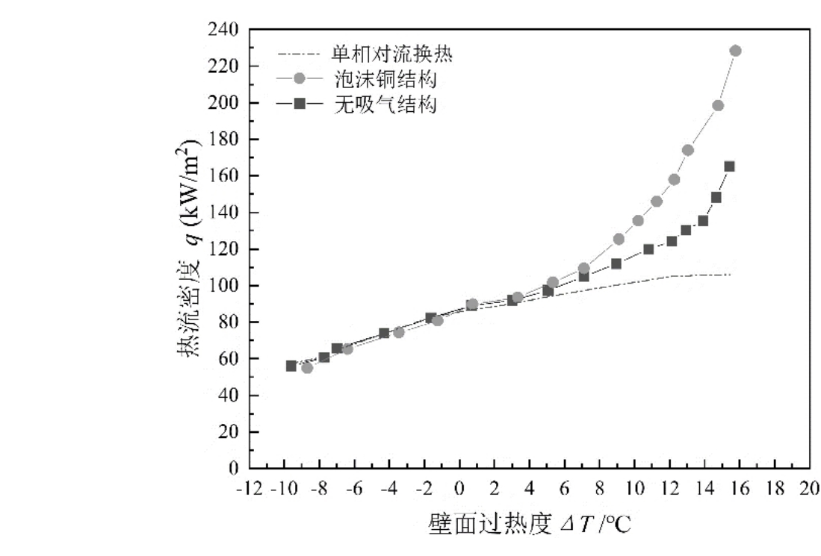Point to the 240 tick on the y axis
[x=223, y=30]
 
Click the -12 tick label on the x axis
[x=250, y=487]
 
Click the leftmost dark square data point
[x=291, y=366]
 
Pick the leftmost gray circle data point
[x=307, y=368]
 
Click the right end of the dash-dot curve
[x=730, y=275]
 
